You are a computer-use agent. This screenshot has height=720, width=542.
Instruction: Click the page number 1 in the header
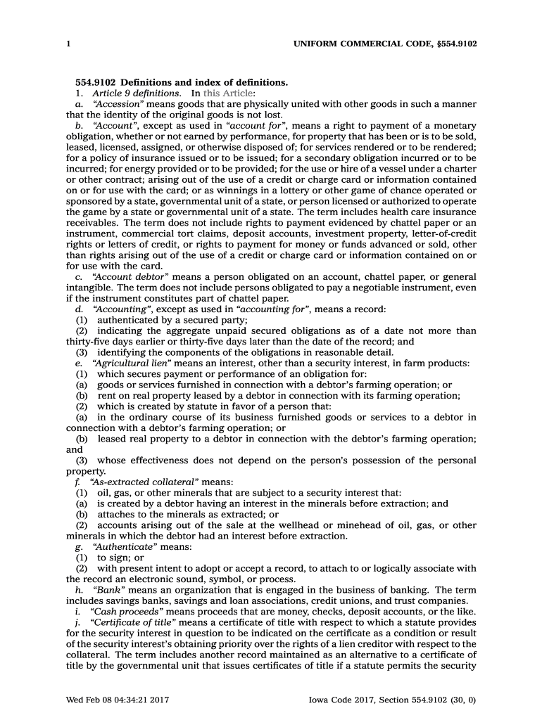tap(68, 44)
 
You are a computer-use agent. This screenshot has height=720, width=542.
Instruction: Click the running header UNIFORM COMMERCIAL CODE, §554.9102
tap(384, 44)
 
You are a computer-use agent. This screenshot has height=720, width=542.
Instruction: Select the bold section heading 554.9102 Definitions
tap(182, 82)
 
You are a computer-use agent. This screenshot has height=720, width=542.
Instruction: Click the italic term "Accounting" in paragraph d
tap(120, 309)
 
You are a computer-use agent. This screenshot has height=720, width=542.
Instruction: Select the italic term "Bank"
tap(106, 590)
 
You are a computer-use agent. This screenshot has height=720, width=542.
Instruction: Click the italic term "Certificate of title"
tap(135, 622)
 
